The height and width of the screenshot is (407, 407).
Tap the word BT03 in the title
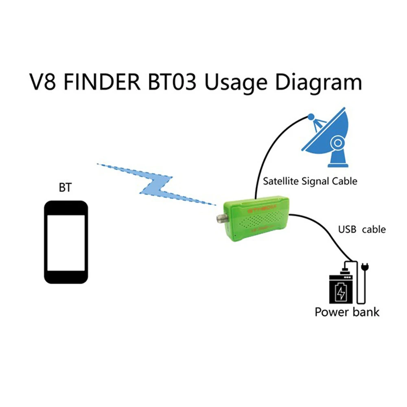[173, 82]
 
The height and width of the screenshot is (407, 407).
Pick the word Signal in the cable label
[318, 181]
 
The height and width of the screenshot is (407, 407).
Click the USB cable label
[361, 230]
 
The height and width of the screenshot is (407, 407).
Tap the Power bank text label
[347, 312]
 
